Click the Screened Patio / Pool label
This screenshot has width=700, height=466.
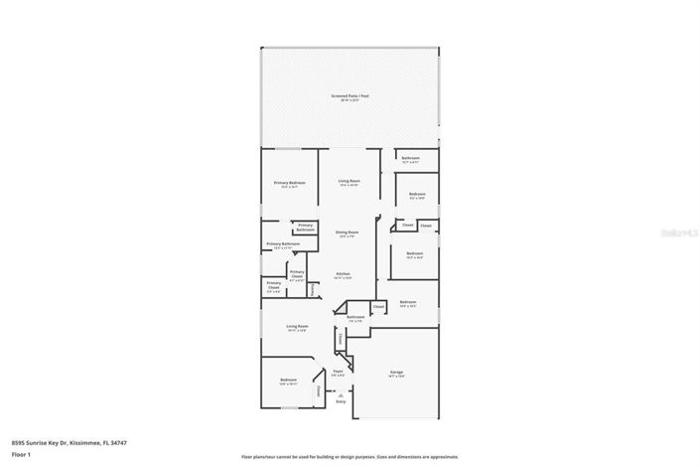[350, 95]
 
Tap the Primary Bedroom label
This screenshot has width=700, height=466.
[290, 183]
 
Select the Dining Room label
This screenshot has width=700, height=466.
[348, 232]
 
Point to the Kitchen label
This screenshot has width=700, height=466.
[343, 273]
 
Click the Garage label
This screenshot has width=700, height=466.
[396, 373]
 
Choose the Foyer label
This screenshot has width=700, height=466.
[339, 371]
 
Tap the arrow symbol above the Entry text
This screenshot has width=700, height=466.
[341, 394]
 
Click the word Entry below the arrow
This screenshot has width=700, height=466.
[341, 401]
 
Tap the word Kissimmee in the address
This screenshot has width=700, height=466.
[88, 442]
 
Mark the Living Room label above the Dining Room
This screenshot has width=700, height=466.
[349, 180]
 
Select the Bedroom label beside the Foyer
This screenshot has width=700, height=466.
[288, 380]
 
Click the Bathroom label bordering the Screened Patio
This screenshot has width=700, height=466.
[410, 158]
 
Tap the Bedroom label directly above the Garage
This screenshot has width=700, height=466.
[408, 302]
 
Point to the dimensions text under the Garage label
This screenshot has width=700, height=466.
[396, 378]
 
